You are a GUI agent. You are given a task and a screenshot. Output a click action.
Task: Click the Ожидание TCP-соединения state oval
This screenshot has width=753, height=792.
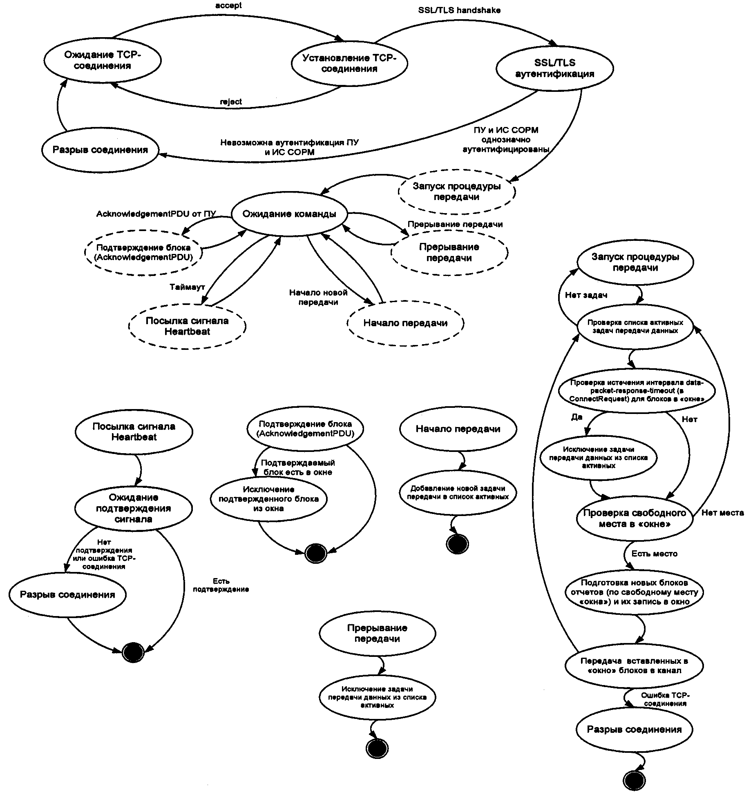pos(102,60)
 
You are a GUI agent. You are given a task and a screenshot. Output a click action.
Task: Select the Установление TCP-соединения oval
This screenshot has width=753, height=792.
pos(349,63)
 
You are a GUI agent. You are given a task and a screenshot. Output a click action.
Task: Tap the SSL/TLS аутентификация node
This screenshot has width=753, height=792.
pos(554,68)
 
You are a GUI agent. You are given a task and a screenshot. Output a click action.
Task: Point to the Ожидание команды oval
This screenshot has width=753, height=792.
pos(289,214)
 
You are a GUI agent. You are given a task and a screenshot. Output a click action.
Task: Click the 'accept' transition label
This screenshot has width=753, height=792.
pos(228,5)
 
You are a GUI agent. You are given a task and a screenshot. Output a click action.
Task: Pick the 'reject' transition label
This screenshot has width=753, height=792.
pos(231,102)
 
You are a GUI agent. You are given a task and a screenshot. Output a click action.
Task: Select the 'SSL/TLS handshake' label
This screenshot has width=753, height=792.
pos(459,10)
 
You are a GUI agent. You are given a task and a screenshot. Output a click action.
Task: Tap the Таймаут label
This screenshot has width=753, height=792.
pos(187,287)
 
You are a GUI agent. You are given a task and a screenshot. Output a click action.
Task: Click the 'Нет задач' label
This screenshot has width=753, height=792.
pos(586,295)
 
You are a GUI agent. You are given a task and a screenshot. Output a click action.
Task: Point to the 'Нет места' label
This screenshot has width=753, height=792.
pos(722,513)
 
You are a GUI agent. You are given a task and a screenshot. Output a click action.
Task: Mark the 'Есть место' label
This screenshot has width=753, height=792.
pos(654,554)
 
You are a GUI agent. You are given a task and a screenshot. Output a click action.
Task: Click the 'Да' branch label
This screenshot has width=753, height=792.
pos(576,417)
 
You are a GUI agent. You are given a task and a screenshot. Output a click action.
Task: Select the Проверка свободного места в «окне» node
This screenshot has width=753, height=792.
pos(635,518)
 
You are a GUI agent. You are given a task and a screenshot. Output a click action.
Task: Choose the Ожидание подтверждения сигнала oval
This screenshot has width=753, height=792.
pos(133,508)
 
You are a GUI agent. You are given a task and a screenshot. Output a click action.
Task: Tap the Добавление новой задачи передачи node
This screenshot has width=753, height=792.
pos(458,493)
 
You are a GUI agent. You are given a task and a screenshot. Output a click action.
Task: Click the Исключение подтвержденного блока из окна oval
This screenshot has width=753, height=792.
pos(268,499)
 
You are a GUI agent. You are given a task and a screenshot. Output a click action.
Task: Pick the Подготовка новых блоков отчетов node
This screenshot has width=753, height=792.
pos(634,592)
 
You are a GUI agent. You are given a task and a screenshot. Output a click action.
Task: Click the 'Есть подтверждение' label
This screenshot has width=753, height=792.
pos(221,585)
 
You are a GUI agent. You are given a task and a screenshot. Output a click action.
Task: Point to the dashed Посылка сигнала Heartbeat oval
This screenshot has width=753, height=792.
pos(187,326)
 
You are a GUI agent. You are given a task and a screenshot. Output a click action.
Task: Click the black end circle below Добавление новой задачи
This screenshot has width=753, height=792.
pos(457,544)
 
